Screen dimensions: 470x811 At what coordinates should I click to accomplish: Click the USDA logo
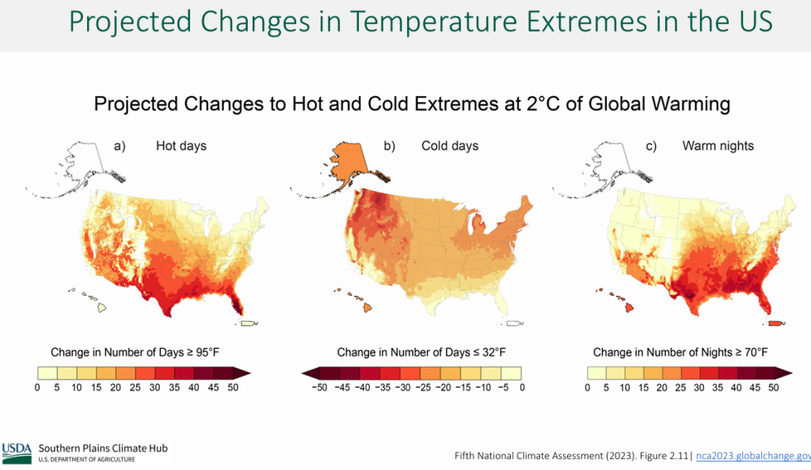click(x=17, y=452)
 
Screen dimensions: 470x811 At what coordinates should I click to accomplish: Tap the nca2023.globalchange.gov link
click(x=752, y=457)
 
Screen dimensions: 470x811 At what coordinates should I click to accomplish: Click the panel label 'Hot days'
click(x=181, y=146)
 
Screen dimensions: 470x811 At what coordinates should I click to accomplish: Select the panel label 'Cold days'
click(x=449, y=146)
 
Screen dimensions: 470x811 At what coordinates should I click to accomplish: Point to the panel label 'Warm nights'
click(x=718, y=146)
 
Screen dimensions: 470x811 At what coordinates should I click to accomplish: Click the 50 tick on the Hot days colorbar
click(x=233, y=388)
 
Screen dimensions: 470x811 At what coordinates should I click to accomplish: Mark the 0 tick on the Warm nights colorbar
click(x=588, y=388)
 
